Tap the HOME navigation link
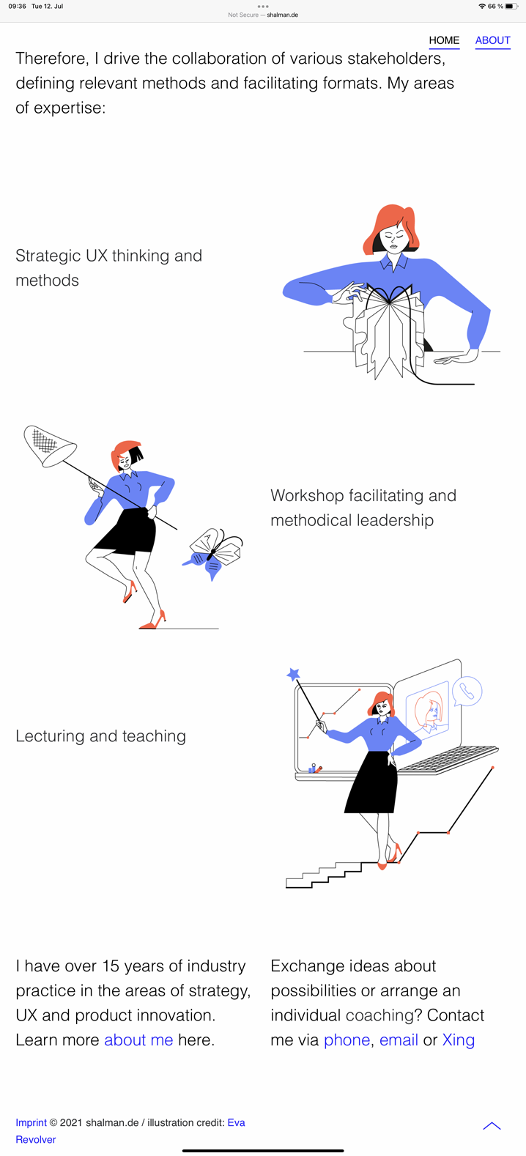tap(444, 40)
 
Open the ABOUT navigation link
tap(492, 40)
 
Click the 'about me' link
tap(138, 1040)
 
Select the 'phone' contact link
tap(347, 1040)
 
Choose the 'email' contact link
tap(399, 1040)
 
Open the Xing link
tap(459, 1040)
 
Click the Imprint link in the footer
tap(31, 1122)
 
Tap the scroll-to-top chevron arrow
tap(492, 1125)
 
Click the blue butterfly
tap(212, 554)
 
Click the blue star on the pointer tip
tap(293, 673)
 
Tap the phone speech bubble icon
tap(467, 691)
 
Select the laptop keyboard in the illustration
tap(448, 759)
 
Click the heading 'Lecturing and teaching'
tap(100, 736)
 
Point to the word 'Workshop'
tap(307, 495)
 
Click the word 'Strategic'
tap(48, 256)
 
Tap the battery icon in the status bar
tap(511, 6)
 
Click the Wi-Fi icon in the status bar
tap(481, 6)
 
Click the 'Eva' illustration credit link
tap(237, 1122)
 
